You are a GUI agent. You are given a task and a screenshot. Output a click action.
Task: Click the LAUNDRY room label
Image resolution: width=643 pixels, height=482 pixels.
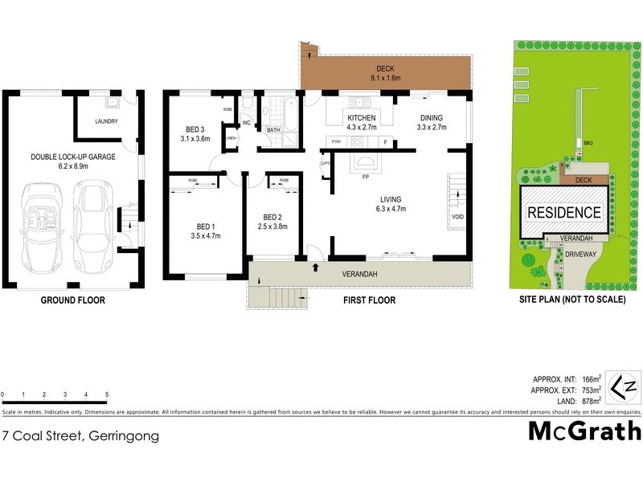click(x=106, y=122)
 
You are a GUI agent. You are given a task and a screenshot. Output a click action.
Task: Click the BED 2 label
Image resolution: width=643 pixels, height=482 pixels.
click(x=272, y=217)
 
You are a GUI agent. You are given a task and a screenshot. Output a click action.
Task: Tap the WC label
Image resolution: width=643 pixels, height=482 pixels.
click(x=248, y=124)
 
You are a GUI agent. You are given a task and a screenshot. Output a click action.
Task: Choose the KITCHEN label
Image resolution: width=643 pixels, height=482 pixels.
click(x=361, y=117)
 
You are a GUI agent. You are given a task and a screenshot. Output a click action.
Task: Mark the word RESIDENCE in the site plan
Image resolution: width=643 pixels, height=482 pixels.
click(x=563, y=213)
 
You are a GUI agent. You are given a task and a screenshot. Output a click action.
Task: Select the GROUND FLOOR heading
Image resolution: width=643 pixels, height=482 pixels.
click(x=73, y=300)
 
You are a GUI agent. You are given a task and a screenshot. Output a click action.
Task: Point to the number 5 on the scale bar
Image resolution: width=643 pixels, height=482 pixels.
click(x=107, y=395)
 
